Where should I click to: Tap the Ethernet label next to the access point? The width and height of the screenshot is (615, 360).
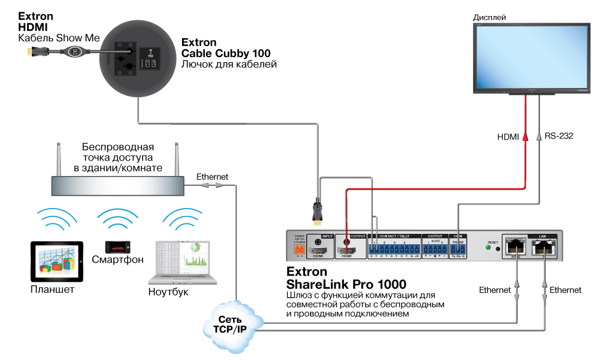(x=212, y=177)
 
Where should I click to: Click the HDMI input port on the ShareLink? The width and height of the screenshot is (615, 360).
(x=318, y=250)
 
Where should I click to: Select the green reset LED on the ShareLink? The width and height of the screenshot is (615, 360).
(x=488, y=249)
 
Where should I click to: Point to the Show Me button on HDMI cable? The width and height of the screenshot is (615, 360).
(x=75, y=52)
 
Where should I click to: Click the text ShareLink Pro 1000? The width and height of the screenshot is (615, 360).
(x=346, y=284)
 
